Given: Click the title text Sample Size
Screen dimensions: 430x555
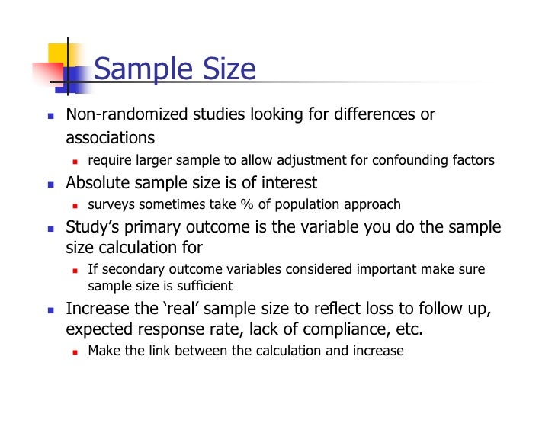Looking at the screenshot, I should [174, 69].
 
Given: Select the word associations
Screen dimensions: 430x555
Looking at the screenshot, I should [110, 138].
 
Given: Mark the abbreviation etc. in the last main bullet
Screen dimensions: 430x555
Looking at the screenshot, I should [407, 330].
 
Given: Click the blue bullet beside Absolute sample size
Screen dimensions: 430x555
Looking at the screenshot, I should [50, 184].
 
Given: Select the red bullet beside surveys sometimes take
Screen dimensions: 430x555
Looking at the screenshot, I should [75, 205].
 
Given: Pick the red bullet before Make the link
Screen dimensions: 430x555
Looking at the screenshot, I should [75, 351].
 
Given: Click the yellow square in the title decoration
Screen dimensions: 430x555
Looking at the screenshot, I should [60, 55].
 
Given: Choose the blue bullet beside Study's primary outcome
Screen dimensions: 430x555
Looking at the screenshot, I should [50, 228].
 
